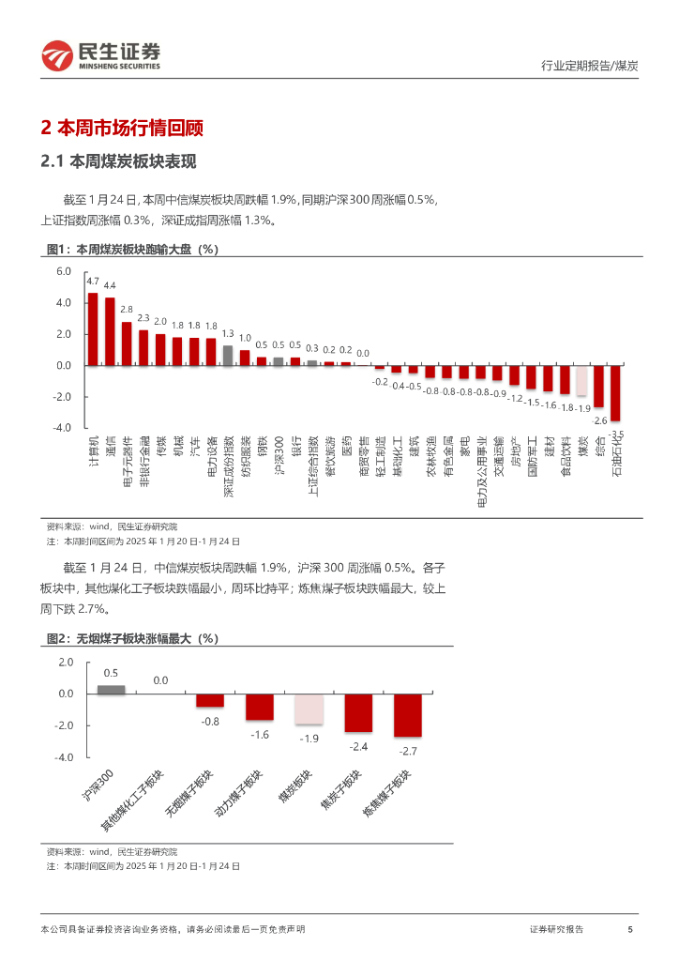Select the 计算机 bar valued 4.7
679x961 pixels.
93,328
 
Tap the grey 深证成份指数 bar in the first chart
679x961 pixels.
228,355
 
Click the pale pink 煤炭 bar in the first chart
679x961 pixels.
582,381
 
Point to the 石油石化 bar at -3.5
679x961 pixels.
615,393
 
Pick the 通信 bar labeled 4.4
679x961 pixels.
110,331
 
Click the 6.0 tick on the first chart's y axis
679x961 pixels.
64,271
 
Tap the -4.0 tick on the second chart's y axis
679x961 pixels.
65,757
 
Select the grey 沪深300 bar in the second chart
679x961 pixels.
111,689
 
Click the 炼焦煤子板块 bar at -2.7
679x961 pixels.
408,715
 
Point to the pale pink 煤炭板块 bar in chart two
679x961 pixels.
309,709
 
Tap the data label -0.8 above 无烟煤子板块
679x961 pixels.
210,721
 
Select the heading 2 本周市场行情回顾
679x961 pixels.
123,129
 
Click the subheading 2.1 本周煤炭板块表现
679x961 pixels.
118,161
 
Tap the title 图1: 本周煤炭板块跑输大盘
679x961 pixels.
131,250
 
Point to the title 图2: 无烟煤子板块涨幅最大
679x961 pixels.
131,639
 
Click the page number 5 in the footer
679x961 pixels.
630,929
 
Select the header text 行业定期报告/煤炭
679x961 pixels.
590,66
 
